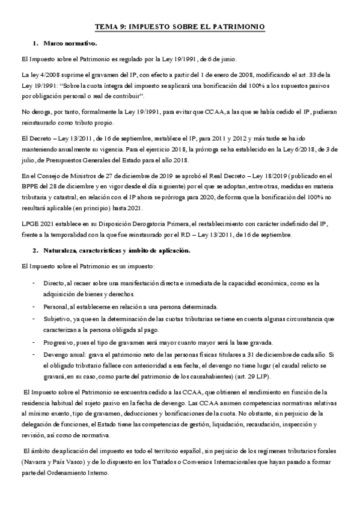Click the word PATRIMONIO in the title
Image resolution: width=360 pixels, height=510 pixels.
click(x=233, y=28)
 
